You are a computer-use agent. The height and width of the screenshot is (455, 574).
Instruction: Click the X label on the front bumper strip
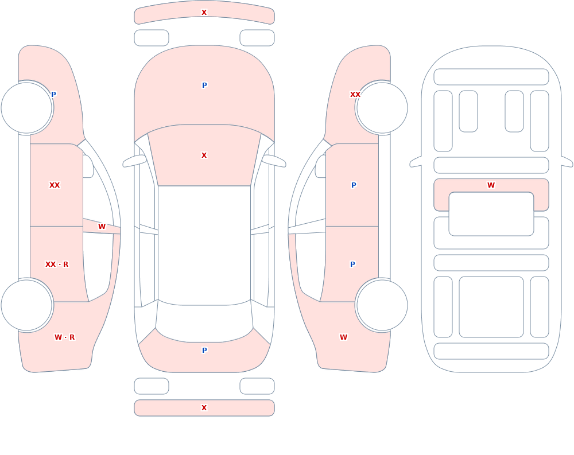204,13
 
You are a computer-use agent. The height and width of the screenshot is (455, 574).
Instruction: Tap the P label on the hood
204,85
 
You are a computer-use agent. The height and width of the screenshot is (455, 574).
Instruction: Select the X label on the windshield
204,155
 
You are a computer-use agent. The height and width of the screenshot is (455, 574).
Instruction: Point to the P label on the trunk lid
204,351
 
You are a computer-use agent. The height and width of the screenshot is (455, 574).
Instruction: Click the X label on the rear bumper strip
204,408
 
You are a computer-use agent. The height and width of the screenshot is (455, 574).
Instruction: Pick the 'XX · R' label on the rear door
57,265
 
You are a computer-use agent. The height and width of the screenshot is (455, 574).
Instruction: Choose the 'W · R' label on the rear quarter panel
64,337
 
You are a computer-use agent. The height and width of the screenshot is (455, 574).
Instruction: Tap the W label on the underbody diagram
491,185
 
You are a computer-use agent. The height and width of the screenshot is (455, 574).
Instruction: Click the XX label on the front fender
355,95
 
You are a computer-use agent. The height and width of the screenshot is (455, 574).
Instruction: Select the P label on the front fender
53,95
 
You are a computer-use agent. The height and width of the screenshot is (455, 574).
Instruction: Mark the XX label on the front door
55,185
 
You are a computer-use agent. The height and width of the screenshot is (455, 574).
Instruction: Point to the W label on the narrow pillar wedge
102,227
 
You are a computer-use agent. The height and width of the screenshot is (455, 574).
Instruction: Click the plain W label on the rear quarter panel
343,337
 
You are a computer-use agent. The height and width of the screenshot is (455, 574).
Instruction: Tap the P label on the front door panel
354,185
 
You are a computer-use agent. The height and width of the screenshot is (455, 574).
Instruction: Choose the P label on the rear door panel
352,265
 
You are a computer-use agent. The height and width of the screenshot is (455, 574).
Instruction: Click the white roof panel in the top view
204,245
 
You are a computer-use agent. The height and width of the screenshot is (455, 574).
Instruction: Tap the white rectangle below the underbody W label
491,214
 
